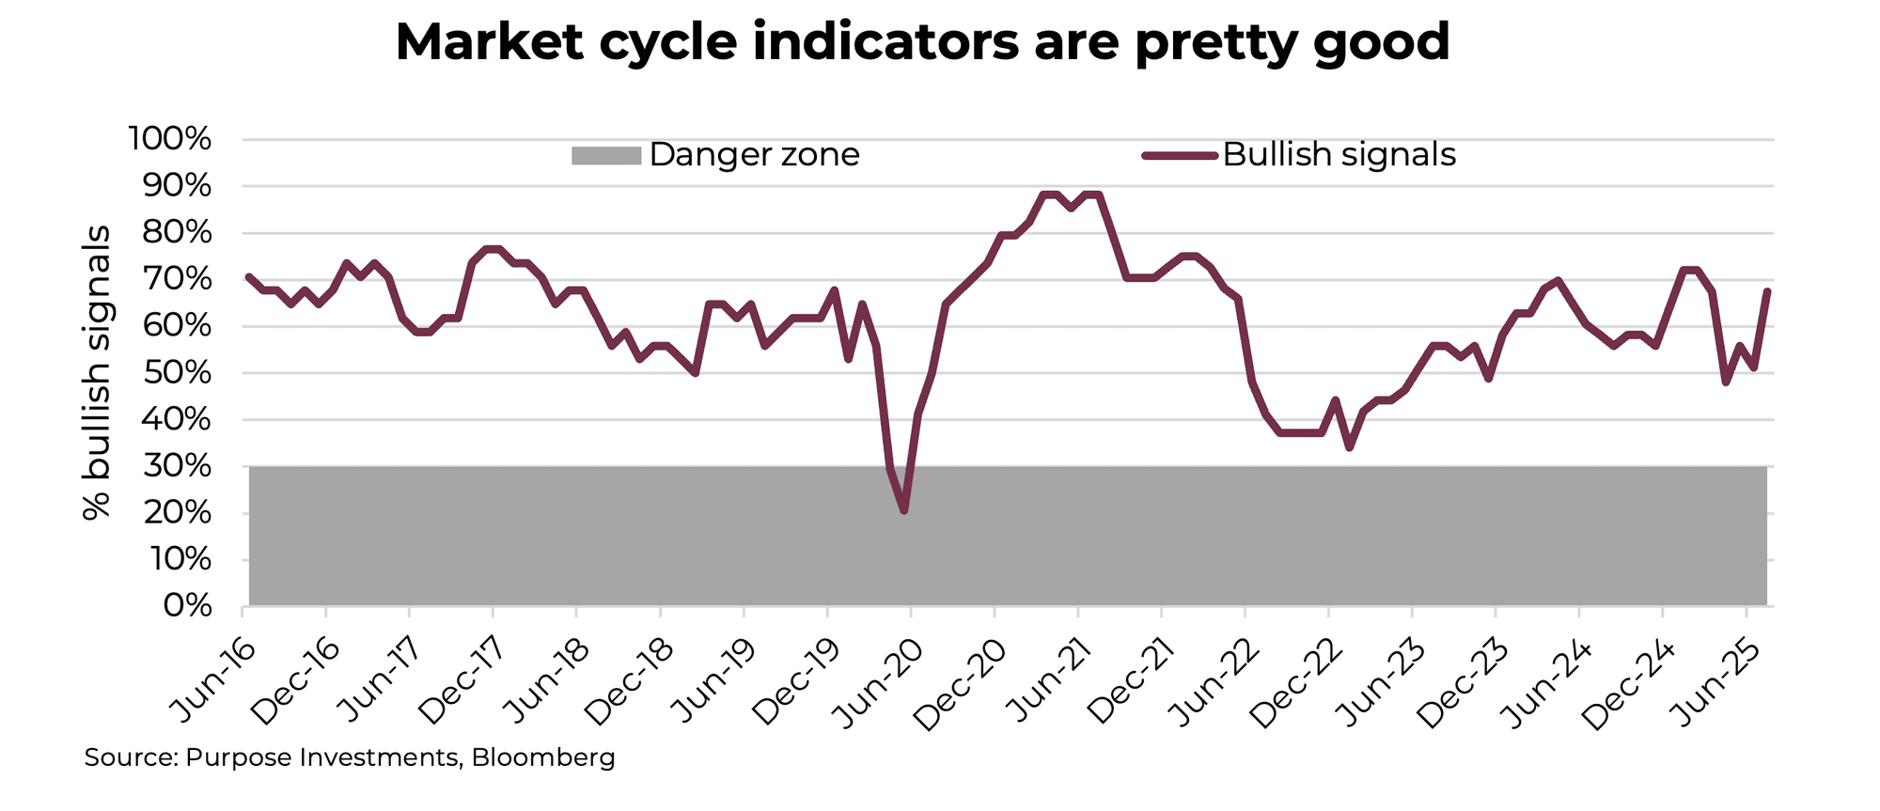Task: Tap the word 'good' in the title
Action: (1381, 42)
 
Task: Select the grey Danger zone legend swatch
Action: (605, 155)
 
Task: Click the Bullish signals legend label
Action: (1339, 154)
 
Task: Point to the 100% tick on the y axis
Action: (170, 140)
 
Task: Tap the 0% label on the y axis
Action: (187, 606)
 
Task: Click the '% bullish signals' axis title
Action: (97, 372)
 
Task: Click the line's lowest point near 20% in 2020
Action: (903, 511)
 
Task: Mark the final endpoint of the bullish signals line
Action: (1768, 291)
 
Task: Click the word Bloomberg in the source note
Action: (543, 757)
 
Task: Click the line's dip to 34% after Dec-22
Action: (1350, 447)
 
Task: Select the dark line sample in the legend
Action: (1181, 155)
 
